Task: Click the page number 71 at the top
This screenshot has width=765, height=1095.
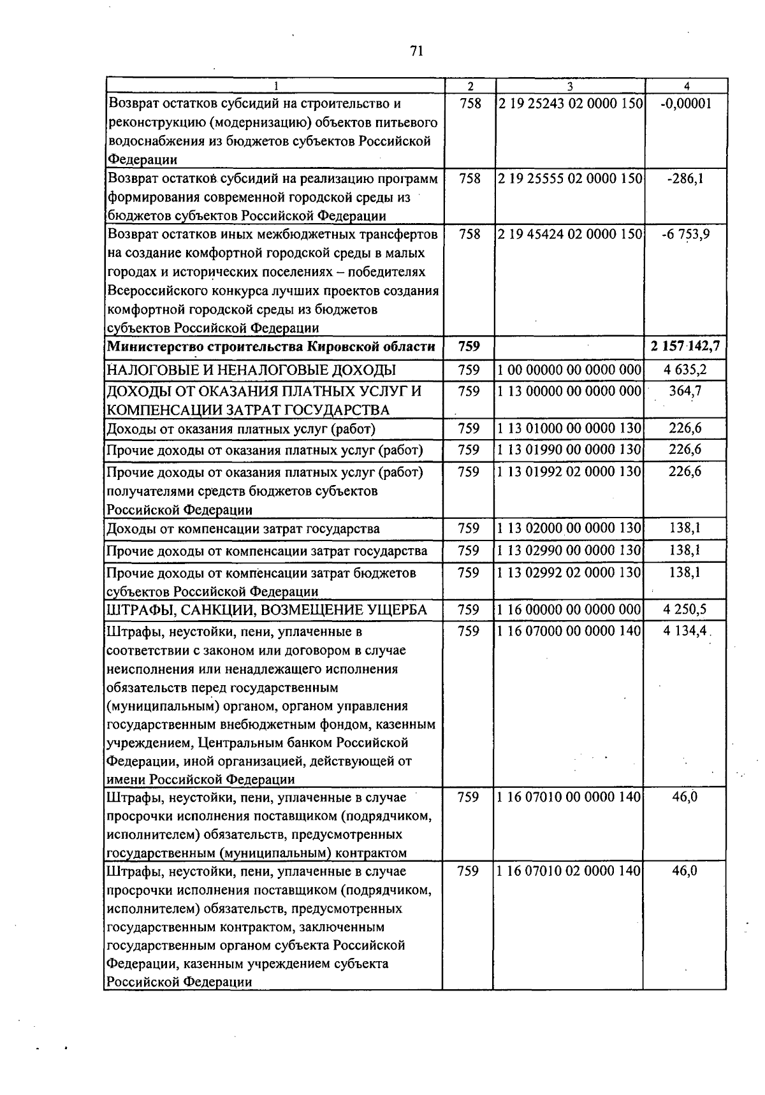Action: coord(417,52)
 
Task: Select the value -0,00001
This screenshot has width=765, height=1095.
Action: coord(686,105)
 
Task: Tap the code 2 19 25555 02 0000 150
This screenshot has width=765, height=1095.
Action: coord(570,179)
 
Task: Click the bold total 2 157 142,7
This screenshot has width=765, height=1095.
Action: coord(685,347)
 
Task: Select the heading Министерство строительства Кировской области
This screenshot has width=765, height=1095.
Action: coord(272,347)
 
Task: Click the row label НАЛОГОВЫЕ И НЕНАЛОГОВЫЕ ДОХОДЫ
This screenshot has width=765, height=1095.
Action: coord(251,370)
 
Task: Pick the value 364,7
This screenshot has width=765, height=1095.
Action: coord(685,391)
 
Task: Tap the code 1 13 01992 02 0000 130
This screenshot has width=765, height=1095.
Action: coord(570,472)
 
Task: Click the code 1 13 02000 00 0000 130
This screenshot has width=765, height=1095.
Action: coord(570,528)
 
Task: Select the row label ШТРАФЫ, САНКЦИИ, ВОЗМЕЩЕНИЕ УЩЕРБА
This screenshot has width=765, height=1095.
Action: coord(266,611)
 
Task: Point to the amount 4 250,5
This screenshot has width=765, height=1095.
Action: coord(685,610)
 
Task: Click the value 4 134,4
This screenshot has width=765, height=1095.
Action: coord(685,632)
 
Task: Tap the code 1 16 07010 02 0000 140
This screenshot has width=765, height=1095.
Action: coord(569,871)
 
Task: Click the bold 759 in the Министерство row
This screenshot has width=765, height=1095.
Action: coord(469,347)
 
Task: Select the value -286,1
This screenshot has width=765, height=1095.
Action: coord(686,179)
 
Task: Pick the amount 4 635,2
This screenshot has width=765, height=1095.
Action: coord(685,370)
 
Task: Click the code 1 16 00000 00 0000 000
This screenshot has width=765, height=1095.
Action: coord(569,610)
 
